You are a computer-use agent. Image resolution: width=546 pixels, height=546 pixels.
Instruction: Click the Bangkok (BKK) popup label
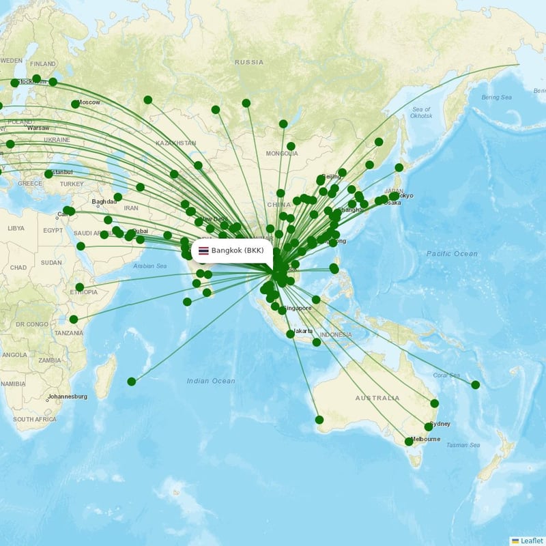point(237,250)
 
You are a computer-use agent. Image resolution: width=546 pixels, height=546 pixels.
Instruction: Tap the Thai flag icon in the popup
point(203,250)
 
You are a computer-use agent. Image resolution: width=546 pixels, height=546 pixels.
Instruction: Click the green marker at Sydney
point(429,427)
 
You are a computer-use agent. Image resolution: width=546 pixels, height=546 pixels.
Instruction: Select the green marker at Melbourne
point(409,442)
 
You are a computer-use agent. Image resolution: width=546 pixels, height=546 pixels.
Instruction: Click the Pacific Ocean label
point(452,254)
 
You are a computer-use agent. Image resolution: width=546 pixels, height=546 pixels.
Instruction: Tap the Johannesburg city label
point(68,397)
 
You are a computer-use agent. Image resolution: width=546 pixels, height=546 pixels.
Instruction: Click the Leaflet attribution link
point(531,540)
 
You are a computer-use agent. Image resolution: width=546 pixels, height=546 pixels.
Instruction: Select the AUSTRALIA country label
point(377,398)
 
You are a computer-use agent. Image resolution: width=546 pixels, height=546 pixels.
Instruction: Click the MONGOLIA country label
point(282,154)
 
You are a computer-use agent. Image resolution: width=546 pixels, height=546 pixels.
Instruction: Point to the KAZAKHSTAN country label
point(176,143)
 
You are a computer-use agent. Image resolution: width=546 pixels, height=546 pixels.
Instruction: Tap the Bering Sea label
point(497,98)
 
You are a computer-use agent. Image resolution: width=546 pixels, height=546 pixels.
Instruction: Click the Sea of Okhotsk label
point(422,113)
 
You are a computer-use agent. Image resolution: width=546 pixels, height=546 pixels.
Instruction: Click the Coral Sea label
point(446,375)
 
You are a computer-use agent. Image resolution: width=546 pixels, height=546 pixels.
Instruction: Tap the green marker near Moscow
point(75,104)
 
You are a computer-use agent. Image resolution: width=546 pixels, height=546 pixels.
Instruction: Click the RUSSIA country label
point(248,62)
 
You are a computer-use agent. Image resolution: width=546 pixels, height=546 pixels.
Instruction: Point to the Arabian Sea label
point(149,266)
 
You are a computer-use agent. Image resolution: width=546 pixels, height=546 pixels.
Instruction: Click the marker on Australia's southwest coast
point(319,419)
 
